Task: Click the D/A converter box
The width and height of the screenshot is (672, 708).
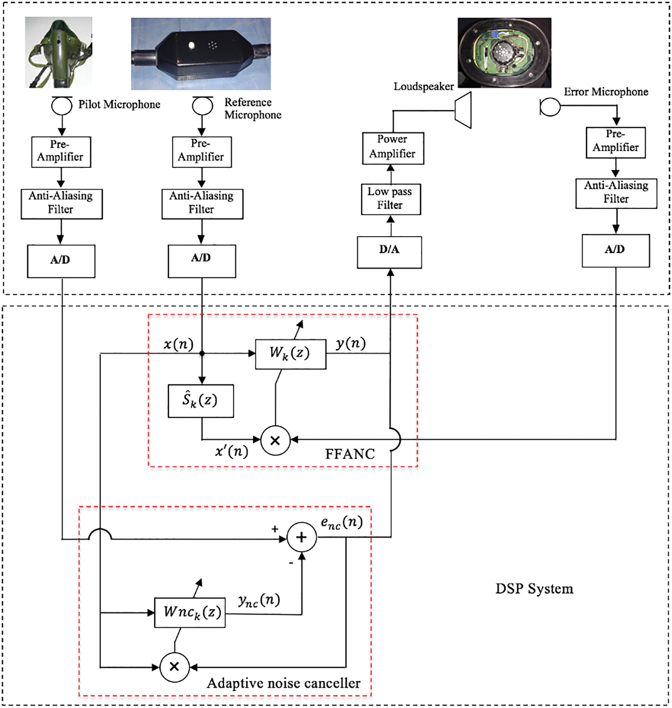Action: pyautogui.click(x=389, y=252)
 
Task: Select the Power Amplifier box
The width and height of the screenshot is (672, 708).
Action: pyautogui.click(x=393, y=148)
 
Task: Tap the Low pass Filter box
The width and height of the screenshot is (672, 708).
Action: pyautogui.click(x=391, y=199)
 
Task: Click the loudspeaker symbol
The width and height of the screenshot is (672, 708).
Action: pyautogui.click(x=463, y=110)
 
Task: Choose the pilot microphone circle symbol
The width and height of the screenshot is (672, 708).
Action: pyautogui.click(x=62, y=106)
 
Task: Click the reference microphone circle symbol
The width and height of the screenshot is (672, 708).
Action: pyautogui.click(x=203, y=106)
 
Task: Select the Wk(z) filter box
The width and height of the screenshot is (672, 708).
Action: pyautogui.click(x=291, y=354)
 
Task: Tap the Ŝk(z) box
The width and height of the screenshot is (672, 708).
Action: pyautogui.click(x=201, y=401)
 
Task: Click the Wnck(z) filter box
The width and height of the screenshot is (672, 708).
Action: pyautogui.click(x=190, y=612)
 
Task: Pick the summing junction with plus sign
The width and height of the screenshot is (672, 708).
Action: pyautogui.click(x=302, y=537)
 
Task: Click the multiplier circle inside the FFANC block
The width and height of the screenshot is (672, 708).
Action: pyautogui.click(x=275, y=440)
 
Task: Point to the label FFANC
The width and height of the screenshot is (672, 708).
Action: pyautogui.click(x=350, y=454)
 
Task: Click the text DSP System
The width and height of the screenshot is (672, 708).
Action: pyautogui.click(x=534, y=589)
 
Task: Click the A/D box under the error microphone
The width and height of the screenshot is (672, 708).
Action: pyautogui.click(x=615, y=250)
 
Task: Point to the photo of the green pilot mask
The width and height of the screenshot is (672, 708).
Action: pyautogui.click(x=58, y=52)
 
